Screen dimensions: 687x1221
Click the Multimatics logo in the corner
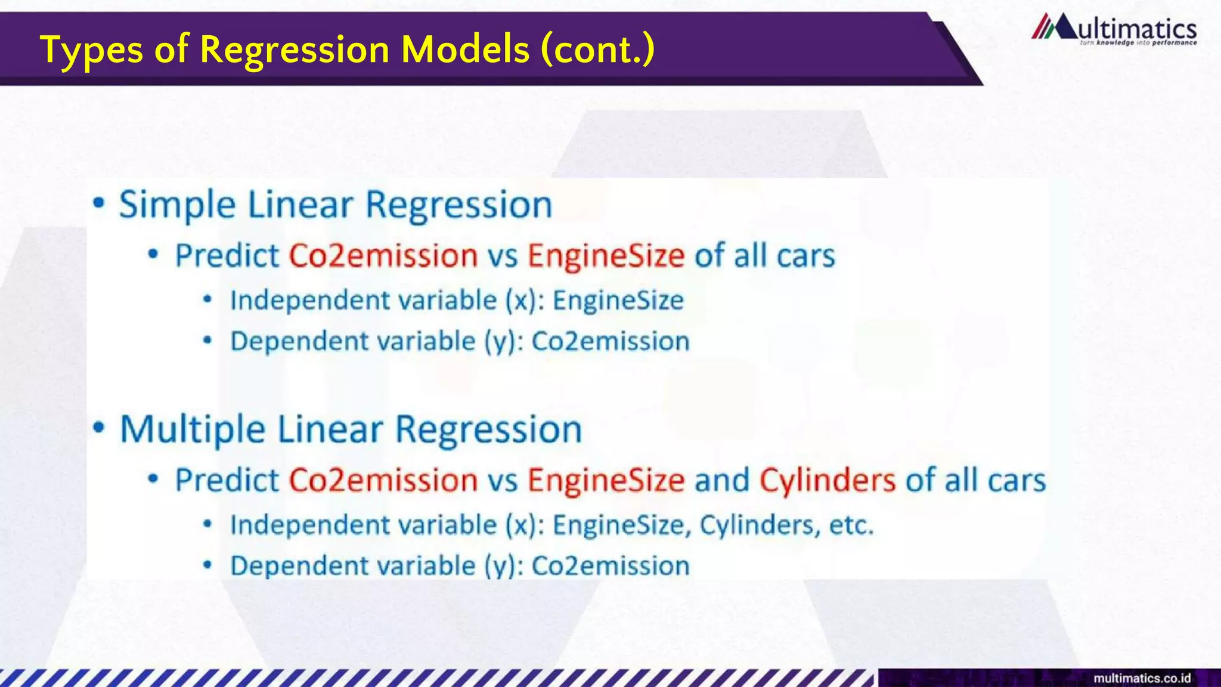tap(1114, 30)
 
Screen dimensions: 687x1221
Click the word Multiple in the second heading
tap(193, 429)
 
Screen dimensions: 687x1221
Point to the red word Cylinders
tap(827, 480)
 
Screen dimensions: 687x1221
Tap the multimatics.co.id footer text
tap(1142, 678)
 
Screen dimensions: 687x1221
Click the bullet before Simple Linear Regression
tap(99, 204)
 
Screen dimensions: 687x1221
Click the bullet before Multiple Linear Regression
tap(99, 428)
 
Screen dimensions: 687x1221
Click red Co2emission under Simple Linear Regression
tap(383, 256)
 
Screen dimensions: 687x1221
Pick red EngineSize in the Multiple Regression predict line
tap(606, 480)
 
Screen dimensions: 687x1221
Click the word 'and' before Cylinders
tap(722, 480)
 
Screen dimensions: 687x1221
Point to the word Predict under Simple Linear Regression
tap(227, 256)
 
